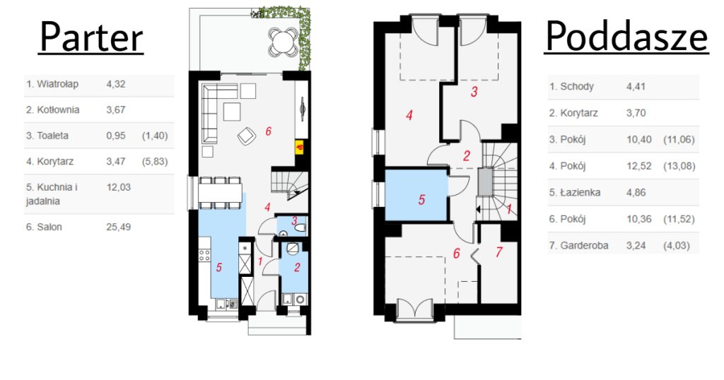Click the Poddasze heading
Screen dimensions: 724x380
pyautogui.click(x=626, y=37)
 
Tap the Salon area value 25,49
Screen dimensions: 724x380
pyautogui.click(x=119, y=227)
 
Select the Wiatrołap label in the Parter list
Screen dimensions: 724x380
pyautogui.click(x=52, y=84)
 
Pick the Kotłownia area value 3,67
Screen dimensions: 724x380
pyautogui.click(x=116, y=109)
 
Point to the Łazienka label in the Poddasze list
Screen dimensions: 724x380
pyautogui.click(x=575, y=192)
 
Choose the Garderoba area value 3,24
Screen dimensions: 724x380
pyautogui.click(x=636, y=245)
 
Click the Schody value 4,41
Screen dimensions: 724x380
pyautogui.click(x=636, y=86)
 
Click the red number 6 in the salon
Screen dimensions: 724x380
pyautogui.click(x=268, y=131)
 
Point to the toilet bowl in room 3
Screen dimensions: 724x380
pyautogui.click(x=300, y=227)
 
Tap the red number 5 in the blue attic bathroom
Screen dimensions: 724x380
pyautogui.click(x=421, y=200)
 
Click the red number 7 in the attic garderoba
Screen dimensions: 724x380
pyautogui.click(x=498, y=252)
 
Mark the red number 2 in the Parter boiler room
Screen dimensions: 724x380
pyautogui.click(x=297, y=267)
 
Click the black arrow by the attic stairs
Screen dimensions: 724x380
pyautogui.click(x=478, y=210)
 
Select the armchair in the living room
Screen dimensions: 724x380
pyautogui.click(x=247, y=136)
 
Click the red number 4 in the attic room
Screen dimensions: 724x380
pyautogui.click(x=409, y=115)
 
